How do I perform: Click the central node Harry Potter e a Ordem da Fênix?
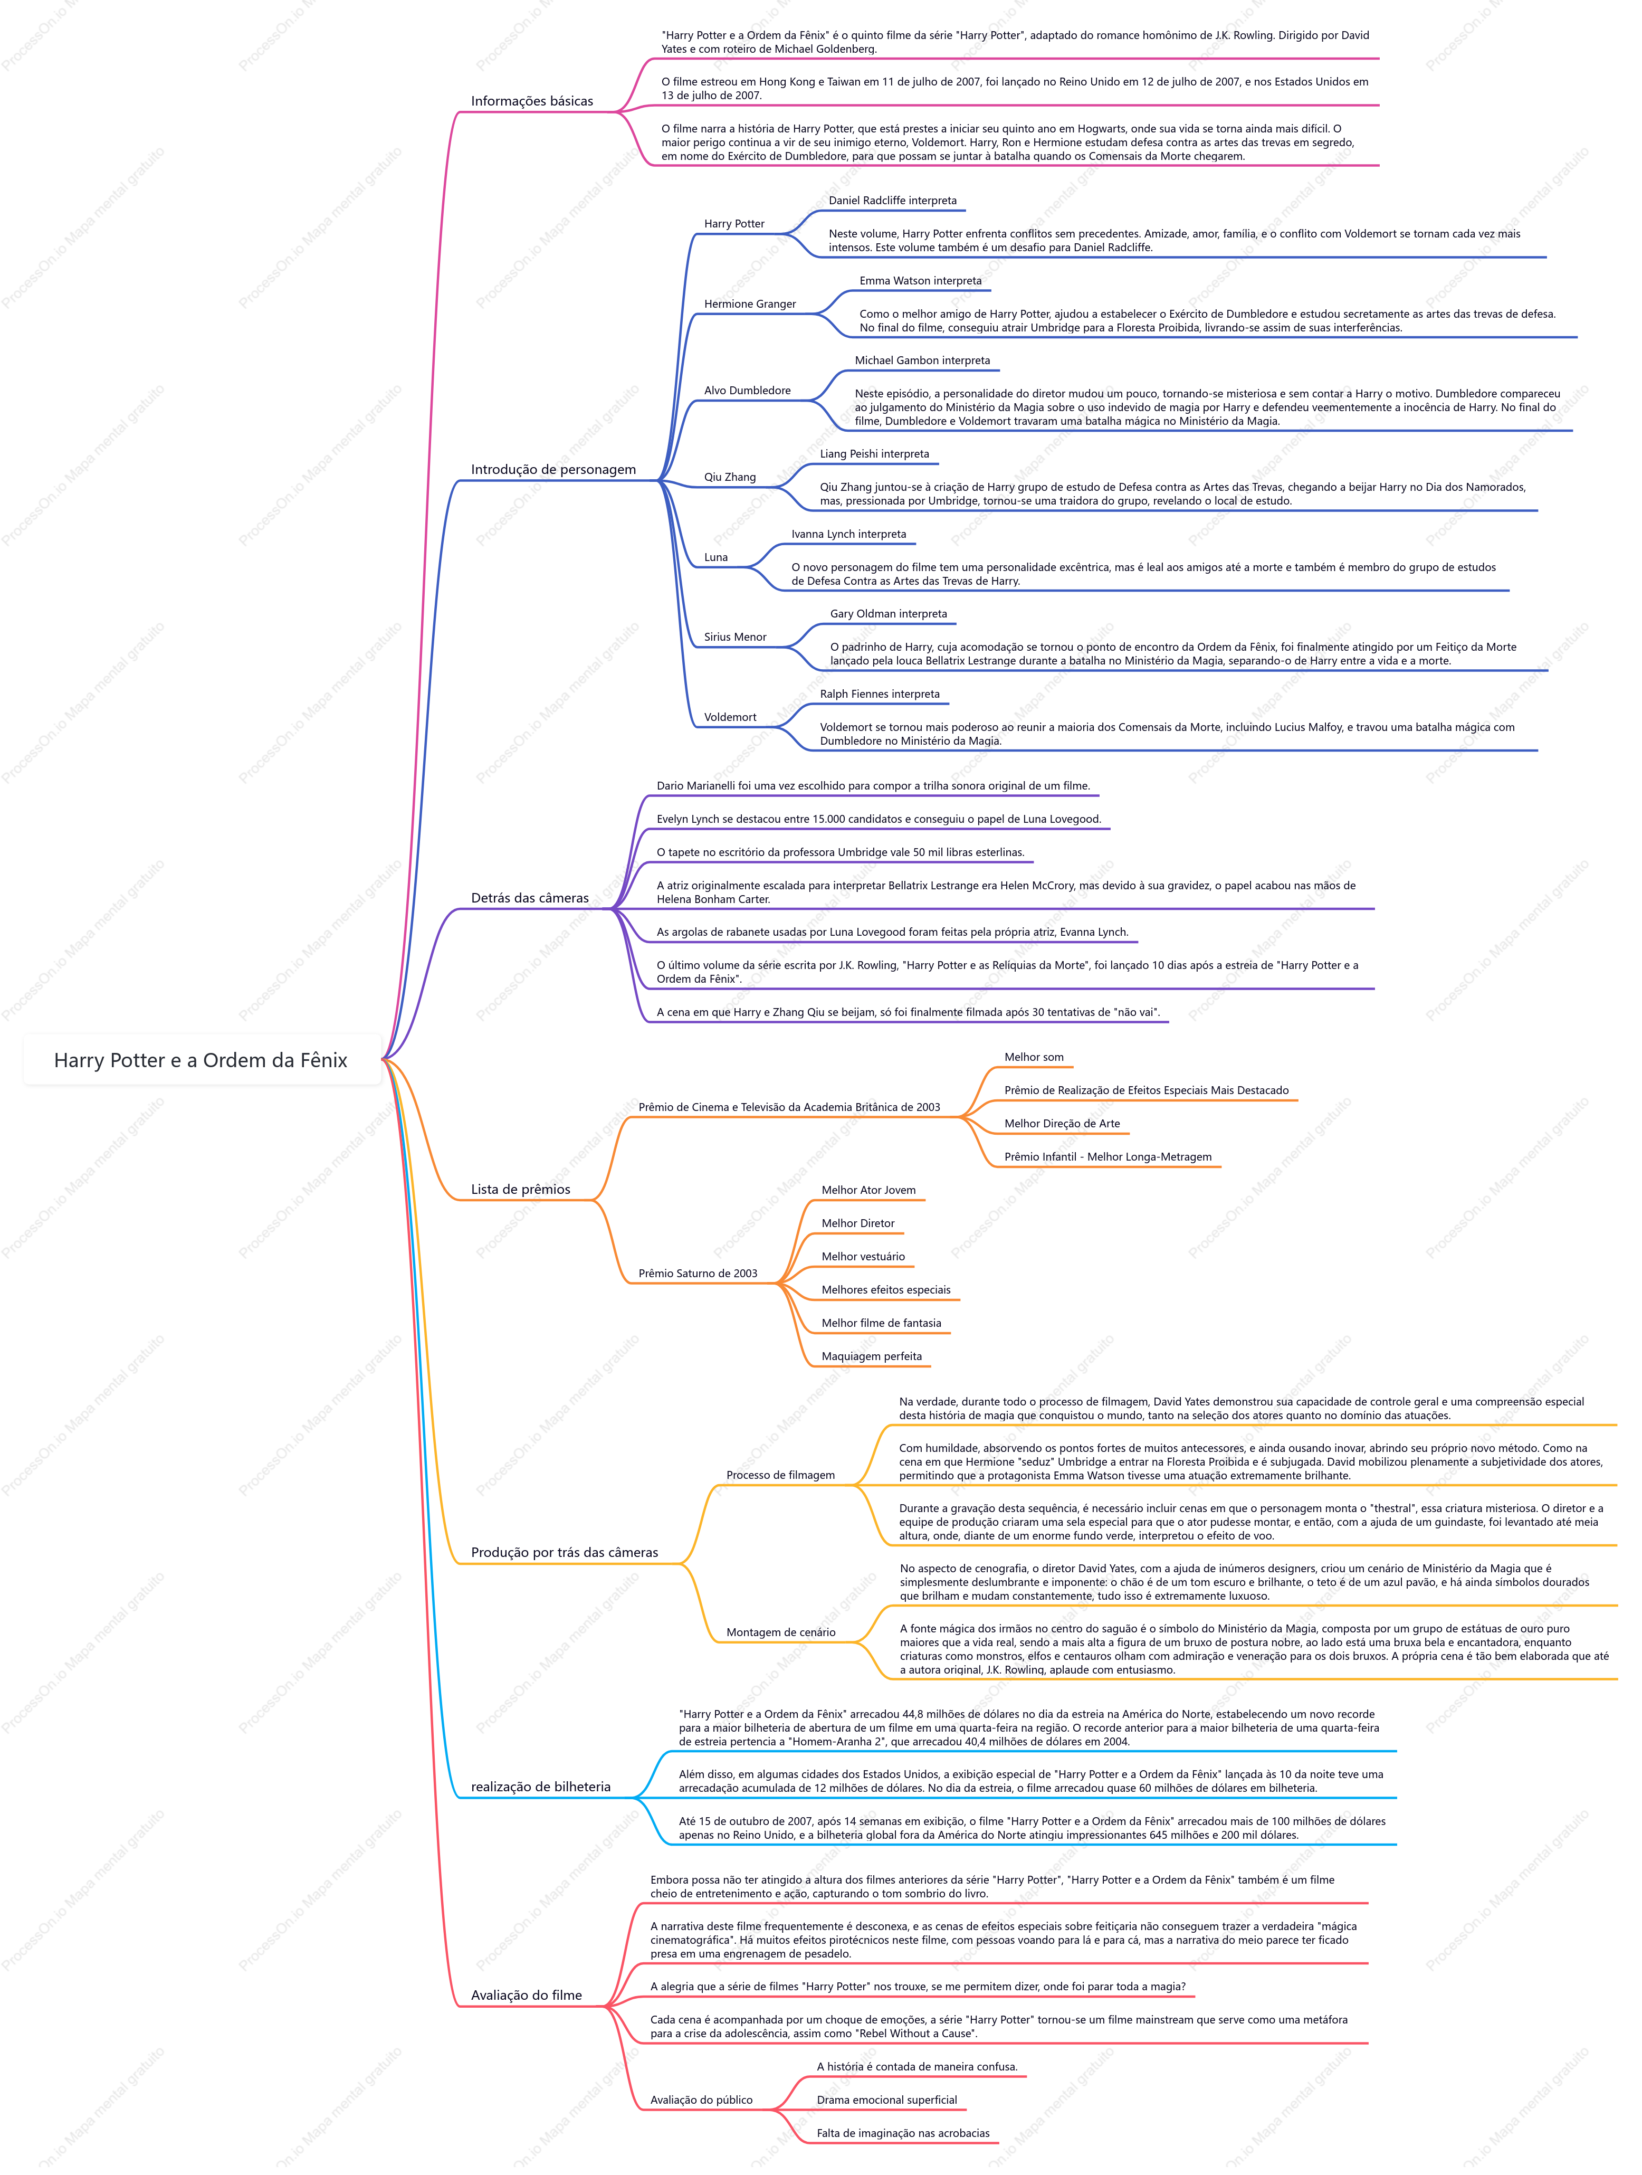coord(201,1060)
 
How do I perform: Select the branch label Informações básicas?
coord(532,101)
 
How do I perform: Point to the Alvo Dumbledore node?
coord(747,391)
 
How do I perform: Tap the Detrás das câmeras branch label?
coord(530,898)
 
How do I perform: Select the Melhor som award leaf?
coord(1034,1057)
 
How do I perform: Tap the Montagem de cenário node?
coord(781,1632)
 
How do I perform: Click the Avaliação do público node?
coord(701,2100)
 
